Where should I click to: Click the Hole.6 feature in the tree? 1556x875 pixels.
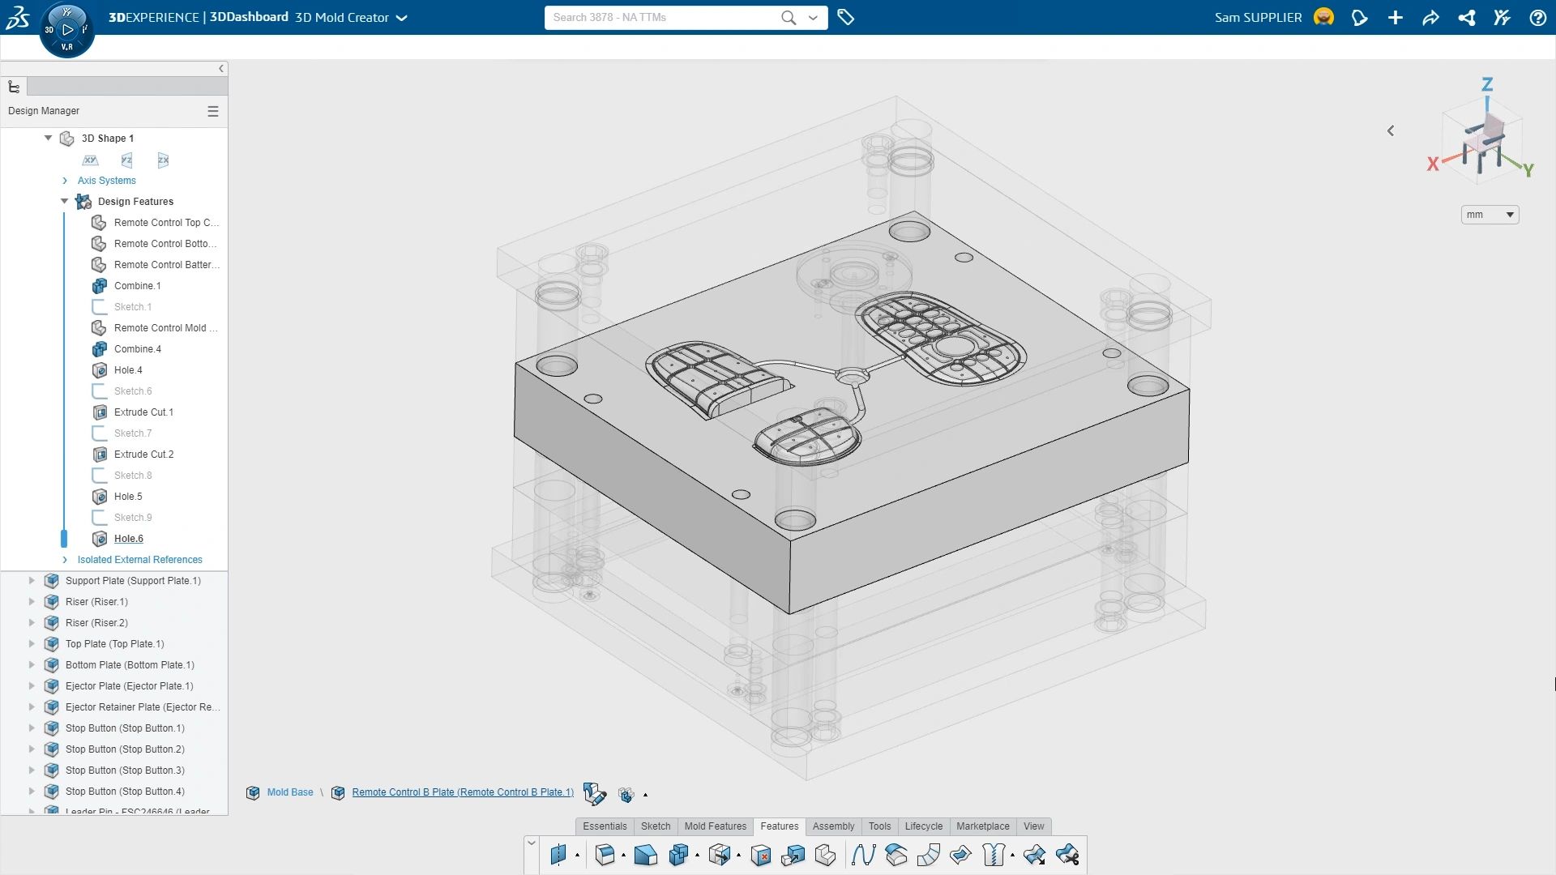(x=128, y=539)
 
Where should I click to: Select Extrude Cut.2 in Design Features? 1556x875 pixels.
(x=143, y=455)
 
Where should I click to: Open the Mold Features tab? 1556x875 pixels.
(x=715, y=826)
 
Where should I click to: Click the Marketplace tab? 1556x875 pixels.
(x=982, y=826)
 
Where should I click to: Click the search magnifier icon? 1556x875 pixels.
(x=788, y=18)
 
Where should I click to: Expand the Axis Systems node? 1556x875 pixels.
(x=65, y=181)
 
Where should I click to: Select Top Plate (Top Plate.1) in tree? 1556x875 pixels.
(x=114, y=644)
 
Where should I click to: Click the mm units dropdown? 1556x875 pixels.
(x=1489, y=215)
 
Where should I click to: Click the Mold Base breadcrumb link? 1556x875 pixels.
(x=290, y=792)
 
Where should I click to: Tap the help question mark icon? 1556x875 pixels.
(x=1537, y=18)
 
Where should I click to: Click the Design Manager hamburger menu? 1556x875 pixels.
(x=213, y=111)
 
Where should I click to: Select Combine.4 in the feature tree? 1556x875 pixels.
(x=137, y=349)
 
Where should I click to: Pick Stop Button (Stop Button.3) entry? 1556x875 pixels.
(x=125, y=770)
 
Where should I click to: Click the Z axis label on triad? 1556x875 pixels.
(x=1486, y=84)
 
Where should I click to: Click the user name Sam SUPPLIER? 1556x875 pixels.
(x=1258, y=18)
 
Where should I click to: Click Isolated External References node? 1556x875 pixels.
(x=139, y=560)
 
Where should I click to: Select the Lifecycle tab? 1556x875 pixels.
(x=923, y=826)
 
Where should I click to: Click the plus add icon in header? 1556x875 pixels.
(x=1395, y=18)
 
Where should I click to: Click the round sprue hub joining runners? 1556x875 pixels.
(x=851, y=376)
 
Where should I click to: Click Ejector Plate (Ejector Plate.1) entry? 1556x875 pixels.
(x=129, y=686)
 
